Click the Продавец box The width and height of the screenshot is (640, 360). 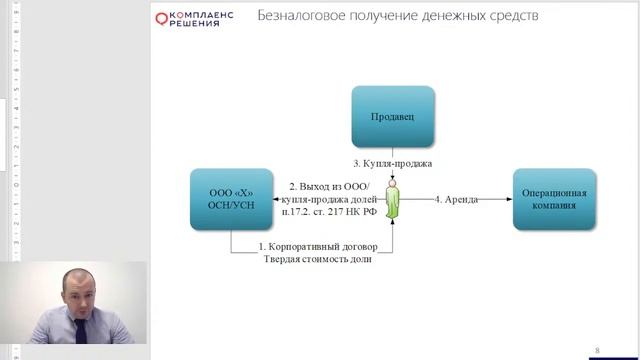coord(392,117)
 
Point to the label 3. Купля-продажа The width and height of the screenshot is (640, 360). coord(392,163)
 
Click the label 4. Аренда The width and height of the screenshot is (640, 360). coord(456,199)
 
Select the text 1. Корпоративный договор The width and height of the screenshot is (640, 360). coord(317,246)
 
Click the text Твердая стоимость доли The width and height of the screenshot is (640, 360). coord(317,259)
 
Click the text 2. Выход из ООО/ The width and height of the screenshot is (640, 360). coord(329,187)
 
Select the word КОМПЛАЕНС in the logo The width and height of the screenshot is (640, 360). coord(204,14)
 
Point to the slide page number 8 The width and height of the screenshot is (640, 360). coord(597,350)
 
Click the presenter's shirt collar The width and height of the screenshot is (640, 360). coord(82,330)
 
